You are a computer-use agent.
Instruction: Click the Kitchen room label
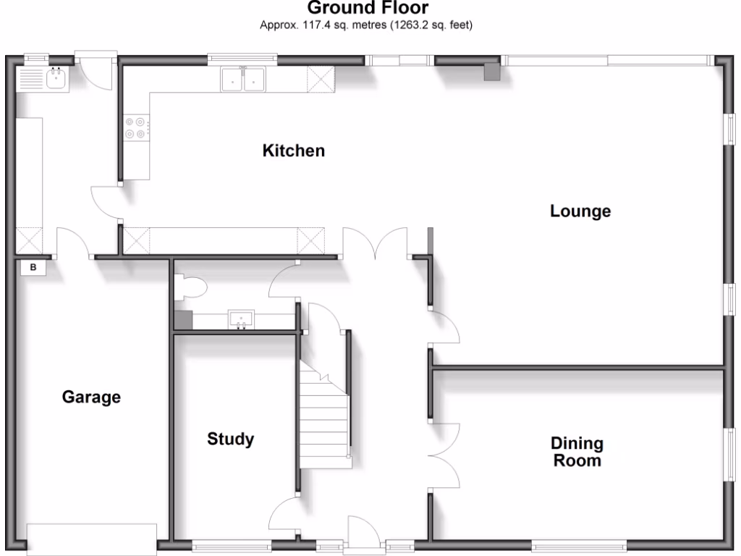click(x=293, y=151)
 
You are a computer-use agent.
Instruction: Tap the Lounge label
click(x=580, y=211)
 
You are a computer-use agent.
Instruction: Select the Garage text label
click(x=91, y=397)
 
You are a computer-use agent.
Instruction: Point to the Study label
click(x=230, y=439)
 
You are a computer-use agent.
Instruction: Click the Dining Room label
click(x=577, y=452)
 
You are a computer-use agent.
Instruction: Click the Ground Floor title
click(x=368, y=9)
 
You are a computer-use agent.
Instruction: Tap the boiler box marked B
click(x=32, y=268)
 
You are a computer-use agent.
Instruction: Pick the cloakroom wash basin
click(x=240, y=319)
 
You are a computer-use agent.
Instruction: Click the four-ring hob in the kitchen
click(x=137, y=128)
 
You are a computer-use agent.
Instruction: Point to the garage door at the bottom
click(x=92, y=539)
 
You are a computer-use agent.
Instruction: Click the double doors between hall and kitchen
click(x=375, y=243)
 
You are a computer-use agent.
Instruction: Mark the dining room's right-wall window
click(x=731, y=453)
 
